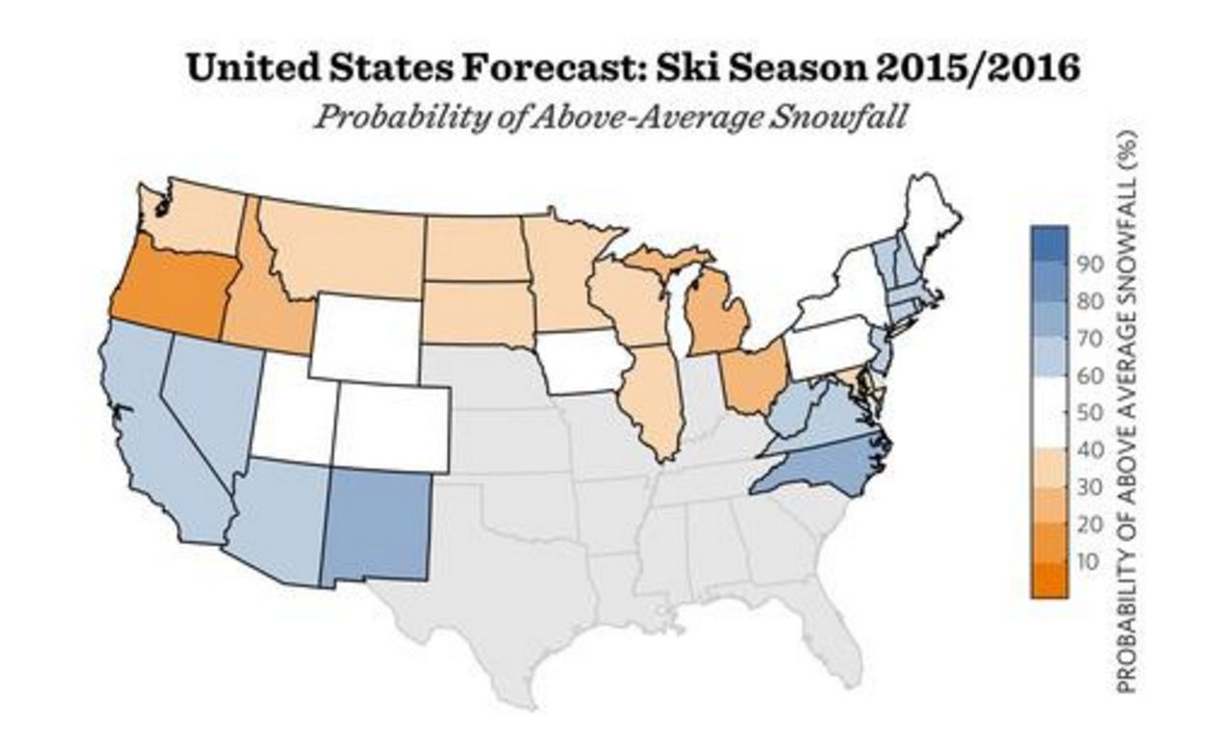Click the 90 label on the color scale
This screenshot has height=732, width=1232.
coord(1090,264)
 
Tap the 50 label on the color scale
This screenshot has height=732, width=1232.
coord(1090,413)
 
